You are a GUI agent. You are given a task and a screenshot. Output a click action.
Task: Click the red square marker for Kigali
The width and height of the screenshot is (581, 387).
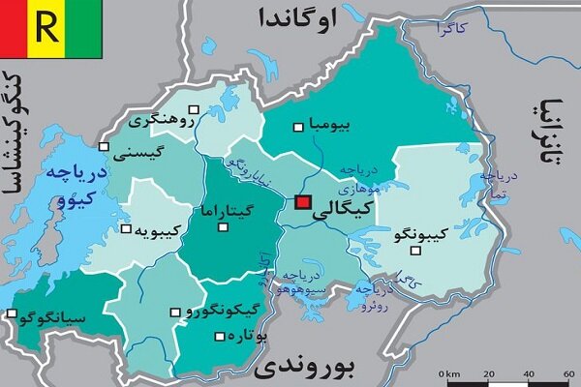click(x=302, y=202)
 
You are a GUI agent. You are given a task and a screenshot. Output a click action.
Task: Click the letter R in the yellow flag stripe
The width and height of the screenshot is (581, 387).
click(x=45, y=27)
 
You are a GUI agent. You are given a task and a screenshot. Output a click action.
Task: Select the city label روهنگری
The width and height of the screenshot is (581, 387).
click(x=161, y=120)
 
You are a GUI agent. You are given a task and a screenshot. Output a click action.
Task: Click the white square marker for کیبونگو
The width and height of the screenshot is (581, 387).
click(x=416, y=252)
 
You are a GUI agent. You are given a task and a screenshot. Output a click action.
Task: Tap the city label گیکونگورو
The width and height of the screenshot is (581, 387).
click(x=220, y=312)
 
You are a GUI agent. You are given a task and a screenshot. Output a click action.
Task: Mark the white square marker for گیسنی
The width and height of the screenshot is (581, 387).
click(x=104, y=147)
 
